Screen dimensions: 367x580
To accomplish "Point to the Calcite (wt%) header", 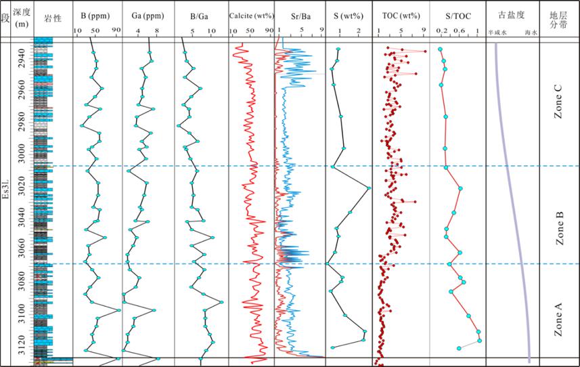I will (250, 15).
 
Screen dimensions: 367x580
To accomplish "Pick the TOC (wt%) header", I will (401, 15).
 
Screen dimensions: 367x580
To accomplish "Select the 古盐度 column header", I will (512, 14).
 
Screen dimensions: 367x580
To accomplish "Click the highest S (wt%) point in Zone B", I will (369, 189).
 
